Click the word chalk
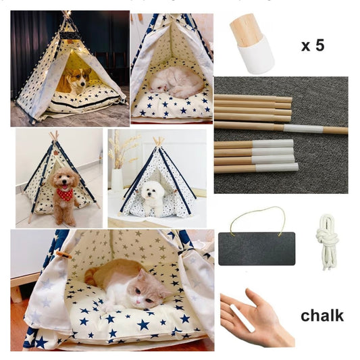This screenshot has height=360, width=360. (x=322, y=315)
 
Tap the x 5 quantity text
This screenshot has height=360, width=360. (x=313, y=45)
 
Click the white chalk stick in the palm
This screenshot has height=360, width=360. (x=242, y=317)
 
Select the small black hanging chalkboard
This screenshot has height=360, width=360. (x=257, y=249)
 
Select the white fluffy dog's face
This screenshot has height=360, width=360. (x=150, y=191)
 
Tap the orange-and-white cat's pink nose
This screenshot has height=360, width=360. (x=138, y=301)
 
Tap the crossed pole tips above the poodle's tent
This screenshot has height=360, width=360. (x=54, y=136)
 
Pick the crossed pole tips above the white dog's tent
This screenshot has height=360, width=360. (x=159, y=140)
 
